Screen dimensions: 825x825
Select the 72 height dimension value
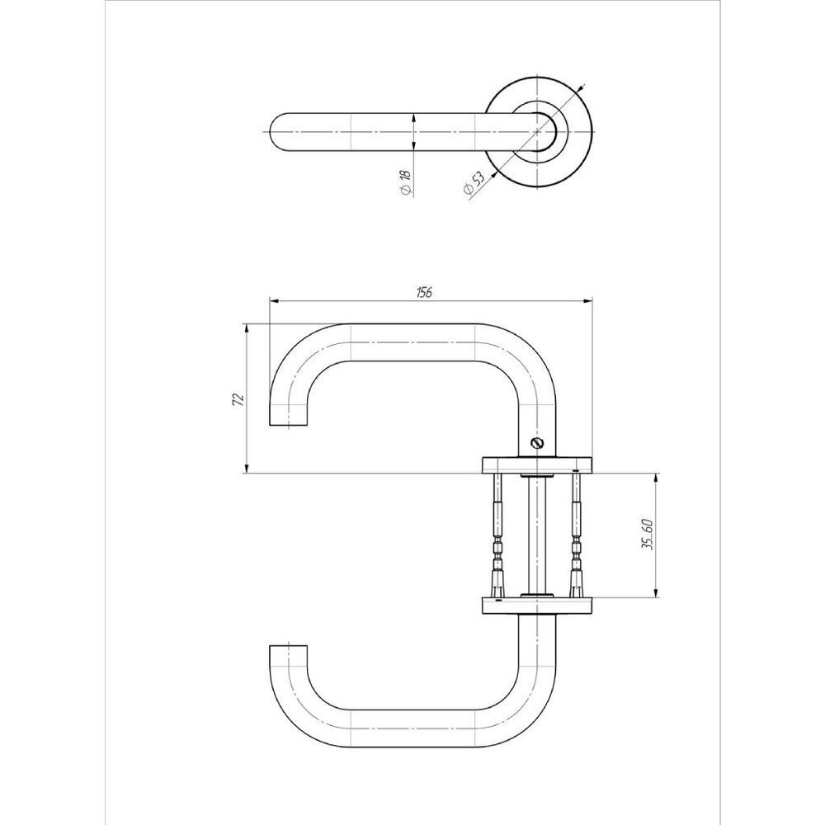[238, 399]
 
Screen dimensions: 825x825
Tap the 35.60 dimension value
[648, 535]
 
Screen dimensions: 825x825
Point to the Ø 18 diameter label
[404, 182]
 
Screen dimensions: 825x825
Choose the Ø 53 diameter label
[473, 185]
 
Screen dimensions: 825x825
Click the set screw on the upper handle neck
[540, 444]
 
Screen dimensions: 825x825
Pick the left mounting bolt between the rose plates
[497, 535]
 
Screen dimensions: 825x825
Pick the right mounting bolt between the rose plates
[576, 535]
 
